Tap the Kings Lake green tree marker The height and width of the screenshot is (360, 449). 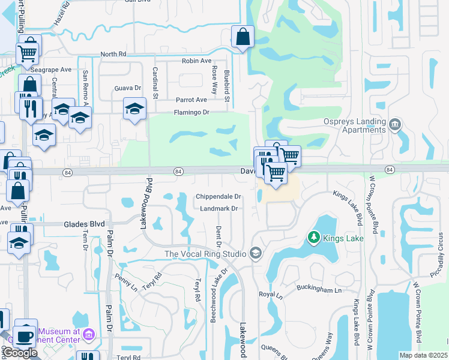coord(312,238)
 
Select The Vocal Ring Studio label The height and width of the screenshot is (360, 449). coord(206,254)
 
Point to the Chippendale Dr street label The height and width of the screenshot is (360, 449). coord(218,197)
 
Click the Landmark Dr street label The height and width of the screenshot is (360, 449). coord(218,209)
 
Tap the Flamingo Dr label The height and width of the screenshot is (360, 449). coord(191,112)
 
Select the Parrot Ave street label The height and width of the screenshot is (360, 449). coord(191,100)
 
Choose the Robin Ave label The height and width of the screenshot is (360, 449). coord(197,61)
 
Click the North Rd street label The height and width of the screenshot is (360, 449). coord(114,54)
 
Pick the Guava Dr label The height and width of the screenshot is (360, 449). coord(128,88)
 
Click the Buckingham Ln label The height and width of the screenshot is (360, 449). coord(319,289)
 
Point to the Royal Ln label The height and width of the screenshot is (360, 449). coord(271,295)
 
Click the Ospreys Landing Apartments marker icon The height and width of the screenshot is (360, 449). coord(395,124)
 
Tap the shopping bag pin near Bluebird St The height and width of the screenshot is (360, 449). coord(241,37)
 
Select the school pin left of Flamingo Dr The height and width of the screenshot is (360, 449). coord(135,109)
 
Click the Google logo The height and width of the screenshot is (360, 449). coord(20,353)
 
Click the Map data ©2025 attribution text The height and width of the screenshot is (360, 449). coord(423,355)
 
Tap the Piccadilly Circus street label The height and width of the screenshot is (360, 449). coord(441,252)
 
